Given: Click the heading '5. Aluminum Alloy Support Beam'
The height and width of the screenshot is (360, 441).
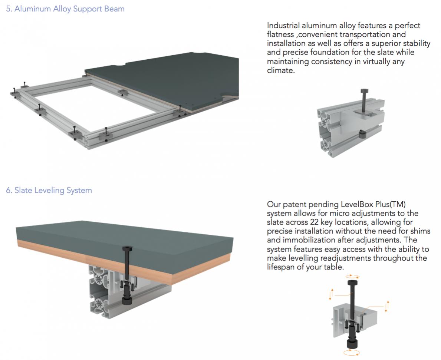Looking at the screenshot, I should tap(65, 9).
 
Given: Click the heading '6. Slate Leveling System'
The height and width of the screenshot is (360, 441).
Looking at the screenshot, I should tap(49, 191).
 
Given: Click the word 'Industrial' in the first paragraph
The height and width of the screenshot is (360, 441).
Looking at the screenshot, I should tap(283, 26).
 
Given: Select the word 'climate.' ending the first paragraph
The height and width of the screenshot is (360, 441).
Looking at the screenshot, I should tap(281, 70).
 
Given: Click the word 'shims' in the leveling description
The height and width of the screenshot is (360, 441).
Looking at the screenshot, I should tap(421, 231).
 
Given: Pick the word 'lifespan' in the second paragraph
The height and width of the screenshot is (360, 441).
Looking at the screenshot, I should tap(281, 267).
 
